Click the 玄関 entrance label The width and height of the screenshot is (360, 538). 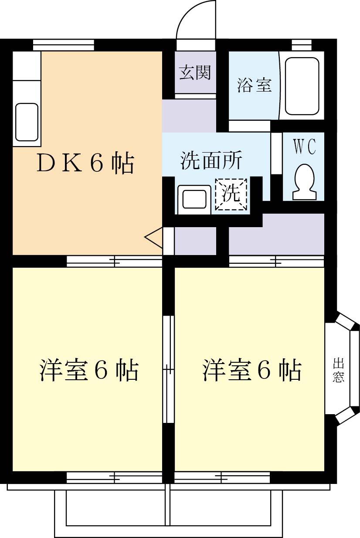(x=195, y=73)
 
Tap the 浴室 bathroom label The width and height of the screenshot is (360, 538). (x=255, y=85)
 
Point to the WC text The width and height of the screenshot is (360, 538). (x=304, y=147)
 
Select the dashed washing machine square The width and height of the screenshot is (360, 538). (x=231, y=194)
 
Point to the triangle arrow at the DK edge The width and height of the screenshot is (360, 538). (x=154, y=238)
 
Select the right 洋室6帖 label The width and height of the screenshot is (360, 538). (x=251, y=371)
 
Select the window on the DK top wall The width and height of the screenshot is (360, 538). (x=64, y=45)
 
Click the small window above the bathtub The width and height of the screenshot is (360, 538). (x=302, y=45)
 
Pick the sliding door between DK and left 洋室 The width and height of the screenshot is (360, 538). (x=114, y=262)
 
